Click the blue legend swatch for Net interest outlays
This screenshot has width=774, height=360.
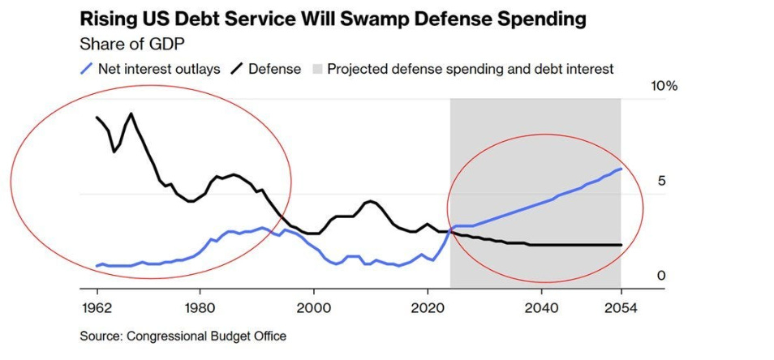pos(85,69)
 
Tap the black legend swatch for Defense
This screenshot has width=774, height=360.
pos(236,69)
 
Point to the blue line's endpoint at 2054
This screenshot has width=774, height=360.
pos(621,169)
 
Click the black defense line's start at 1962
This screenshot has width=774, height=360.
pos(97,118)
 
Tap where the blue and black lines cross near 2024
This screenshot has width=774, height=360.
pos(449,233)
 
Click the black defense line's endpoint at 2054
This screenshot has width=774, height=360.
pos(621,245)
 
